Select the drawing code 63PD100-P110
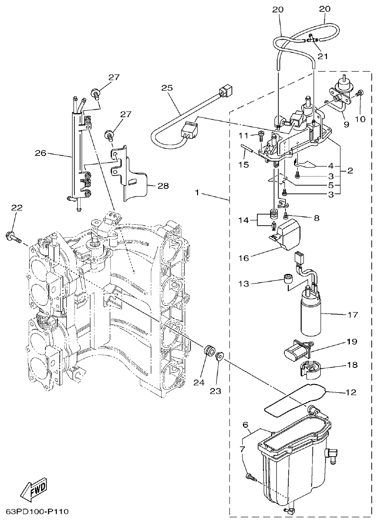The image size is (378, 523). click(37, 512)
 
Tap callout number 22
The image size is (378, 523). click(17, 208)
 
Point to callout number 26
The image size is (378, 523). click(41, 153)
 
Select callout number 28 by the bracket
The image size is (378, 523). click(163, 186)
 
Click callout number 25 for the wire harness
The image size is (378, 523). click(166, 88)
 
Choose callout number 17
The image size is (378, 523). click(352, 315)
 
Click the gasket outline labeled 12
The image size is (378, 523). click(296, 401)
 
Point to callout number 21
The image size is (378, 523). click(324, 57)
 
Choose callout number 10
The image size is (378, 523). click(360, 119)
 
